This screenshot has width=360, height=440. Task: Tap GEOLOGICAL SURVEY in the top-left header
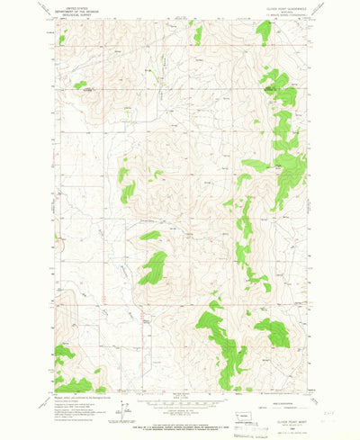click(x=72, y=15)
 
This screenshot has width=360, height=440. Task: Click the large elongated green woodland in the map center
click(x=153, y=268)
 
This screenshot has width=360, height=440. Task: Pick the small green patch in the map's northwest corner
click(x=62, y=39)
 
